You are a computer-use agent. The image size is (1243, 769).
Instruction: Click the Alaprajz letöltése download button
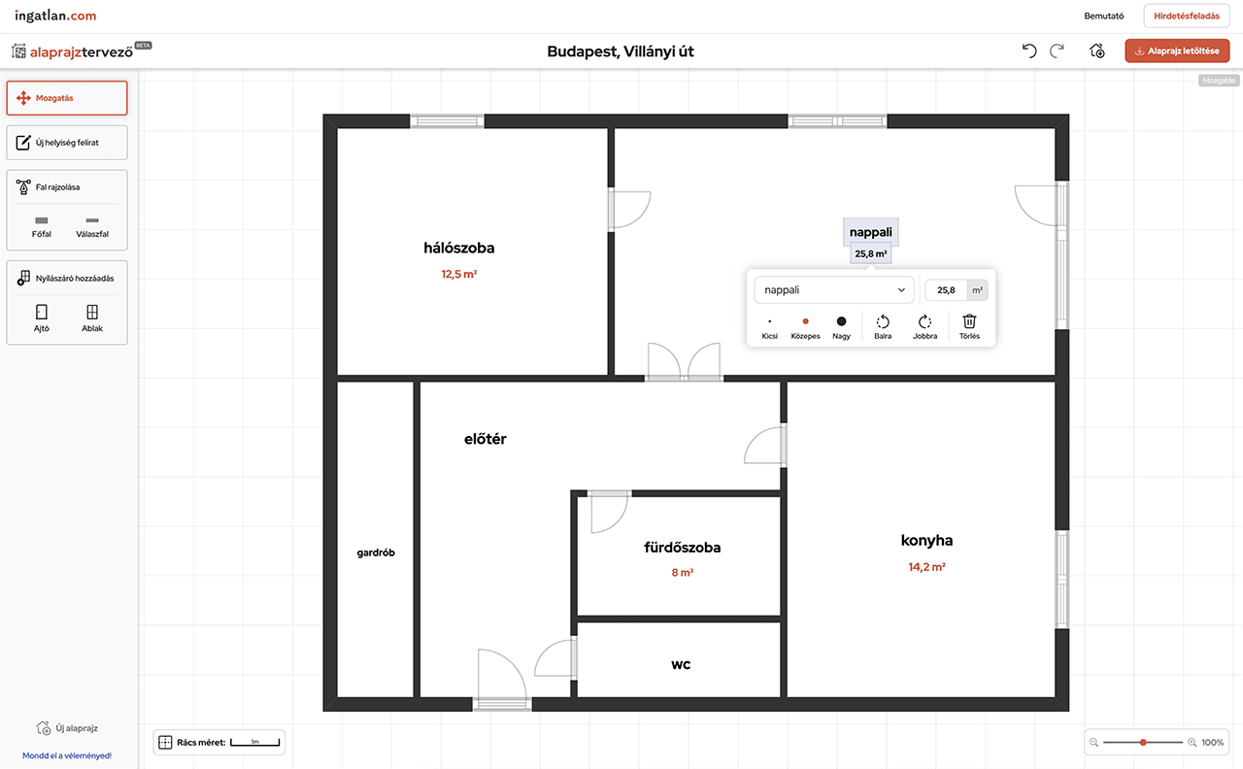click(1177, 51)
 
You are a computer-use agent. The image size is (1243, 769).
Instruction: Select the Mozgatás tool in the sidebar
click(67, 98)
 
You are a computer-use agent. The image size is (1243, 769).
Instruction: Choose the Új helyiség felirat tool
click(67, 143)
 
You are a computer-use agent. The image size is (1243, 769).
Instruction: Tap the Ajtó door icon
click(42, 312)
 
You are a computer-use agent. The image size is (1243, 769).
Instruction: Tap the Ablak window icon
click(92, 312)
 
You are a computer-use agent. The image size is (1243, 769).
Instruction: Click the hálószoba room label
click(459, 248)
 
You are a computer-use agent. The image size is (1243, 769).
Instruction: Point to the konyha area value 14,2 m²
click(926, 567)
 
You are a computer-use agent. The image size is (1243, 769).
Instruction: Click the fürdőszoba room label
click(682, 548)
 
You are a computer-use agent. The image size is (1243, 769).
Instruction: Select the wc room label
click(681, 665)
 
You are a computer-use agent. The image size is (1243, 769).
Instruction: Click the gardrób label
click(376, 552)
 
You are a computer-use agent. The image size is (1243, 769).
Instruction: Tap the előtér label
click(485, 440)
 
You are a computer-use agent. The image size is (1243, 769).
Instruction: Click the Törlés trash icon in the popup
click(969, 321)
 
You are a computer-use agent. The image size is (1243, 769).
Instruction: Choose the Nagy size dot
click(841, 321)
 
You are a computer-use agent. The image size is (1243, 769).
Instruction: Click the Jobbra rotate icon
click(924, 321)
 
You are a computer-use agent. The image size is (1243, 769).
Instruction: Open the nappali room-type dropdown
click(834, 290)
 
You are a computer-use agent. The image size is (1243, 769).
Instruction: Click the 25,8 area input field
click(946, 290)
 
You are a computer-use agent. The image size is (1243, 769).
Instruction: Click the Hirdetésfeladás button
click(1187, 17)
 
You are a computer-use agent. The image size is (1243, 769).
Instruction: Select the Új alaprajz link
click(67, 728)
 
